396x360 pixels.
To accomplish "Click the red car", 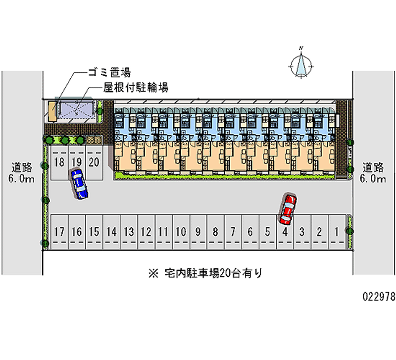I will coord(288,208).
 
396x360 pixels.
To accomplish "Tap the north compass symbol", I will coord(301,64).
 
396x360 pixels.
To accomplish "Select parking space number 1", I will coord(337,231).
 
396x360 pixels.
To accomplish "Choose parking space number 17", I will coord(59,231).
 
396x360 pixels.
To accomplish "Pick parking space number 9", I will coord(198,231).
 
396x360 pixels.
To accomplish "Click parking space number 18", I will coord(59,161).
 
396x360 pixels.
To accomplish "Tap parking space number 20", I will coord(94,161).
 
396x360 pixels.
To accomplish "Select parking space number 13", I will coord(129,231).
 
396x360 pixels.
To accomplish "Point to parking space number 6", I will coord(250,231).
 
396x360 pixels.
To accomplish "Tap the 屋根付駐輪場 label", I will coord(136,88).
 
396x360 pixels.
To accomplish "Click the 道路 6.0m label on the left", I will coord(22,172).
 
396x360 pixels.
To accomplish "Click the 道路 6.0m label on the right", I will coord(373,172).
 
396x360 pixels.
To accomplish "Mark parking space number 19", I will coord(76,161).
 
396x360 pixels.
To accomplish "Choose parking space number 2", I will coord(320,231).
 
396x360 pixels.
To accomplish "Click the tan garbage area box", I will coord(51,110).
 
